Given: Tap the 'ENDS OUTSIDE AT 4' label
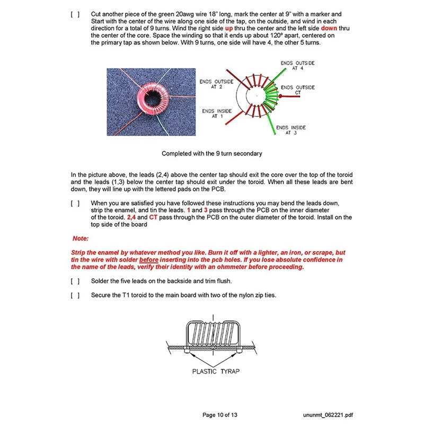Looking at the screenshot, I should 297,66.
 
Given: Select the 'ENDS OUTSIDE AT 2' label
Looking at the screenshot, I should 216,84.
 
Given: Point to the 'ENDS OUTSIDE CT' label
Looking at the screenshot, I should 297,90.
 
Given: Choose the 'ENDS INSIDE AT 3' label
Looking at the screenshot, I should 291,130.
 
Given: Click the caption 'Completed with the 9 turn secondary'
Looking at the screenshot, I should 212,154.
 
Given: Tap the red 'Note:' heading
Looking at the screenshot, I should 81,238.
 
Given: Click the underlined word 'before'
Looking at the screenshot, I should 149,260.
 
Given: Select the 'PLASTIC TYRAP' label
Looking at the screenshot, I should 216,371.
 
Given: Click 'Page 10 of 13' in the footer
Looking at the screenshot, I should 224,414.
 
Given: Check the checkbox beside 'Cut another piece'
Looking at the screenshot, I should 75,14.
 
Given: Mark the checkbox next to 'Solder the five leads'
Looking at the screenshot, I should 75,281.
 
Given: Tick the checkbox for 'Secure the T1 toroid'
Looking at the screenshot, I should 75,295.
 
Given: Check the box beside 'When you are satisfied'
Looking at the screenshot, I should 75,203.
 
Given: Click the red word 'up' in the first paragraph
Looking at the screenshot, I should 229,28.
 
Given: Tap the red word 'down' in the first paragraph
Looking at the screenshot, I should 329,28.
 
